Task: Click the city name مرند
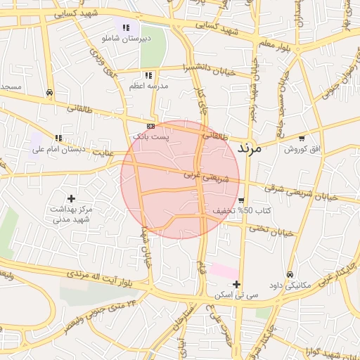pos(250,148)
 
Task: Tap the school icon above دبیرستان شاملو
pos(126,27)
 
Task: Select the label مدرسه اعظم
pos(148,86)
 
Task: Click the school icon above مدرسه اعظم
pos(148,75)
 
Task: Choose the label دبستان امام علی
pos(58,149)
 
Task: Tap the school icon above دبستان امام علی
pos(58,139)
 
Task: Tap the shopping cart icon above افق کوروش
pos(302,139)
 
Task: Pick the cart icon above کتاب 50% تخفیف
pos(241,200)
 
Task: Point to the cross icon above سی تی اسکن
pos(236,285)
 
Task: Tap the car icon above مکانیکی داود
pos(290,274)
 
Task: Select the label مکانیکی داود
pos(290,285)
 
